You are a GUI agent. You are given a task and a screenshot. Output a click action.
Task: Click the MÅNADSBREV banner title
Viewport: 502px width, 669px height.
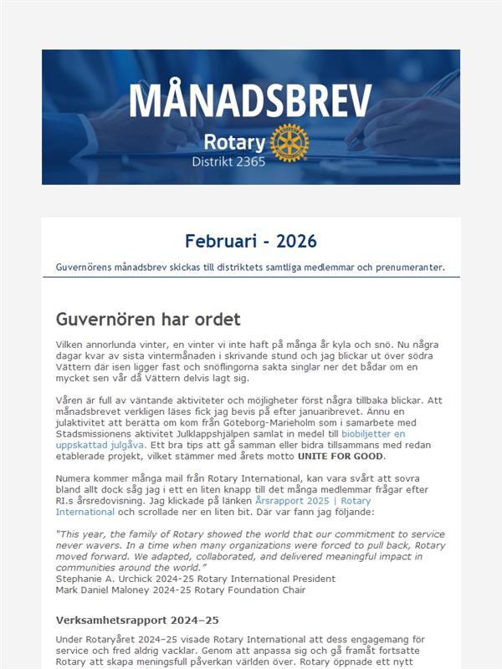pos(250,100)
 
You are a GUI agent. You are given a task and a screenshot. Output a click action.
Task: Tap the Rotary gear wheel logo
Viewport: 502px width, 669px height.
pos(289,142)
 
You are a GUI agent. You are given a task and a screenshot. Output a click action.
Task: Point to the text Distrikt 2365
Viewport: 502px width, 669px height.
pos(228,161)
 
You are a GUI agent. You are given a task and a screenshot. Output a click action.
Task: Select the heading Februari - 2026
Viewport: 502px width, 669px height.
pos(250,242)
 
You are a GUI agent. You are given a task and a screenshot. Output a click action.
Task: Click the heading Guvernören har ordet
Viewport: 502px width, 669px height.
pos(148,319)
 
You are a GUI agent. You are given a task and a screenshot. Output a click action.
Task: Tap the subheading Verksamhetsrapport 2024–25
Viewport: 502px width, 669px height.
pos(137,620)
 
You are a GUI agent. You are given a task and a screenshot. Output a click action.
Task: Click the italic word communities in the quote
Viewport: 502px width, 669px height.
pos(89,568)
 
